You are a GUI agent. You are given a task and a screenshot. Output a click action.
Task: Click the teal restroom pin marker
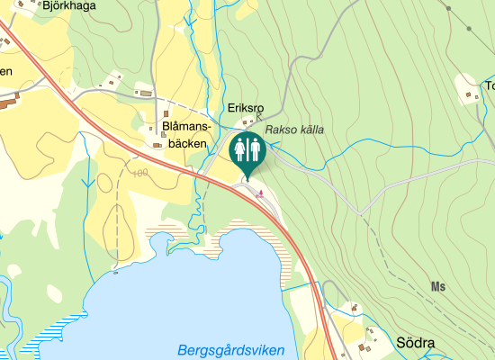tap(247, 151)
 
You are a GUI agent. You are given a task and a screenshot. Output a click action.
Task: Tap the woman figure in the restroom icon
tap(240, 149)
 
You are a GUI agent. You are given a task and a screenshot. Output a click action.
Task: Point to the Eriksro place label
tap(244, 106)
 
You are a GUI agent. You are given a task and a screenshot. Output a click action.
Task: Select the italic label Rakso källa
tap(294, 130)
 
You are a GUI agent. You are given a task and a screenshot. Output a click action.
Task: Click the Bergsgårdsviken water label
tap(230, 350)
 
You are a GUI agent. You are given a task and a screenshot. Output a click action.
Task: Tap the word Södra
tap(415, 343)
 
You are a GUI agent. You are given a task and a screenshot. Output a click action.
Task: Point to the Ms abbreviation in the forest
tap(438, 287)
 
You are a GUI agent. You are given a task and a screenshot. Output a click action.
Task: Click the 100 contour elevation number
tap(139, 172)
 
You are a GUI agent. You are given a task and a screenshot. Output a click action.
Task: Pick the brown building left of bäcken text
tap(157, 144)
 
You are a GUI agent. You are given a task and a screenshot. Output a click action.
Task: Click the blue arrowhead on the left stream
tap(86, 184)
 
